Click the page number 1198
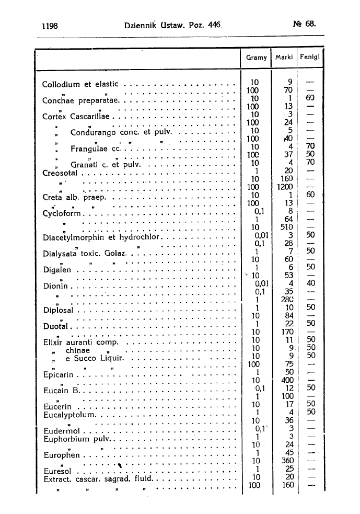[x=49, y=24]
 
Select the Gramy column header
[x=256, y=58]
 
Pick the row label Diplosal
[x=59, y=310]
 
